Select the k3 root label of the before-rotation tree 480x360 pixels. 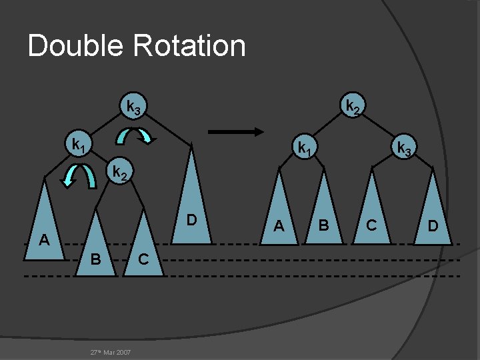coord(133,106)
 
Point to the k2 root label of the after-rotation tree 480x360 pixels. coord(351,106)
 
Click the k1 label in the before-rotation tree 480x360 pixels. coord(78,144)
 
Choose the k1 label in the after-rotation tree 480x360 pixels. coord(304,147)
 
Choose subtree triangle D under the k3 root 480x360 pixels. coord(191,200)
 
